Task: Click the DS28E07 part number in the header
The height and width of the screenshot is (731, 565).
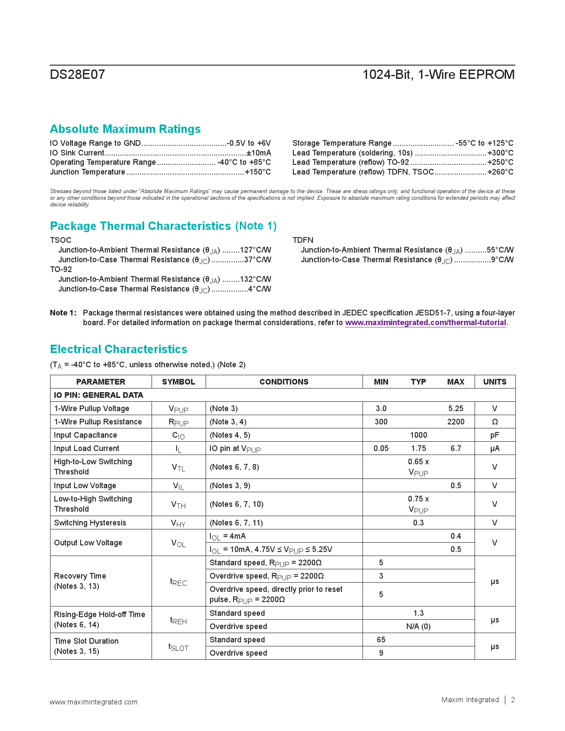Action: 78,74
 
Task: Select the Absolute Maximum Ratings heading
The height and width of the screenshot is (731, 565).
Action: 125,129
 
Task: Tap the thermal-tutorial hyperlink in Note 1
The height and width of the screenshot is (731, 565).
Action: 425,323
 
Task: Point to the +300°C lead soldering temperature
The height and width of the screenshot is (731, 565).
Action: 500,153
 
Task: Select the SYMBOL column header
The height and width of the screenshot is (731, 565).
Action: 179,382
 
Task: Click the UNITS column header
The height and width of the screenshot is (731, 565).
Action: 495,382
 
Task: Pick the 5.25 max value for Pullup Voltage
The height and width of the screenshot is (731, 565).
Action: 456,408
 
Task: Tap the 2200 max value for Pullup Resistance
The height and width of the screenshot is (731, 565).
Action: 456,422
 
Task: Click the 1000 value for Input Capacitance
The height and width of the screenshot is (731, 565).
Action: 418,435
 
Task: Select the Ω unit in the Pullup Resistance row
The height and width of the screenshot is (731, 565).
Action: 495,422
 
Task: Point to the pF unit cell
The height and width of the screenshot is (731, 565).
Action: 495,435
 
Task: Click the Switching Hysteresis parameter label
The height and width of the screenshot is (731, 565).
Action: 90,523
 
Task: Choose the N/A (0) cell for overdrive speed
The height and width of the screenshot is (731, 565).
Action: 418,626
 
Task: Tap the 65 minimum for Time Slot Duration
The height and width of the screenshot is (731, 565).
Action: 381,640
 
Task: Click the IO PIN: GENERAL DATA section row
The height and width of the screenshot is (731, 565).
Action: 98,395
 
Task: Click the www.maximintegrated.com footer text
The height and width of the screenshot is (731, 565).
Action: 94,702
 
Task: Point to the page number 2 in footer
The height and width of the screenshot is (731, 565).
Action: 513,700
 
